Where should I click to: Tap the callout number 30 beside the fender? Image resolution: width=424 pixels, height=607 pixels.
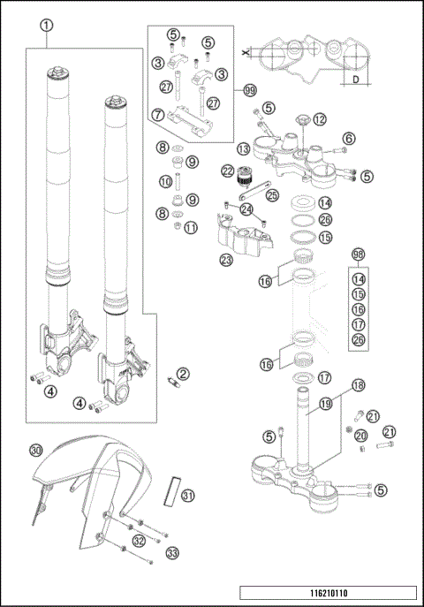click(x=35, y=451)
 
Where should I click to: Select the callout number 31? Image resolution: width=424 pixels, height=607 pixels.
click(x=188, y=496)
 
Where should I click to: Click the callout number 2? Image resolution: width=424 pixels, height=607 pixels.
click(x=184, y=375)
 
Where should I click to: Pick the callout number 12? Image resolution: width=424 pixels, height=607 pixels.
click(x=319, y=119)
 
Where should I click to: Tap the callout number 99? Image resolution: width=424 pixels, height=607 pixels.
click(x=250, y=91)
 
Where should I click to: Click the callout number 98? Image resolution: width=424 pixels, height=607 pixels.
click(x=359, y=254)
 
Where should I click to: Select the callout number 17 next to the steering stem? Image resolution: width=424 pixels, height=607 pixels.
click(x=324, y=377)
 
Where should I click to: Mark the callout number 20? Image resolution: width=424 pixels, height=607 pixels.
click(x=360, y=436)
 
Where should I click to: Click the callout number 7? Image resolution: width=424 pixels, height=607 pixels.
click(x=158, y=114)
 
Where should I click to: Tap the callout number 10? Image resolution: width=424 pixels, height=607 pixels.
click(x=164, y=181)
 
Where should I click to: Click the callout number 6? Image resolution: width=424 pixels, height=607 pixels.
click(x=349, y=138)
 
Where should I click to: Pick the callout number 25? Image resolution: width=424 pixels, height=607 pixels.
click(x=272, y=194)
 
